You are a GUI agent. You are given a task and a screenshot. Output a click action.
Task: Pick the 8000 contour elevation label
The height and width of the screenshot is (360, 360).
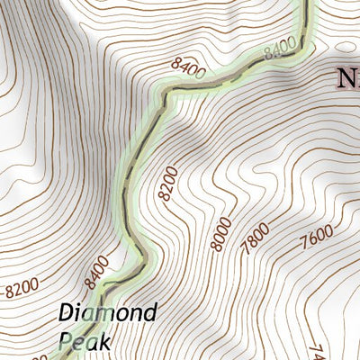[x=220, y=236]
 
